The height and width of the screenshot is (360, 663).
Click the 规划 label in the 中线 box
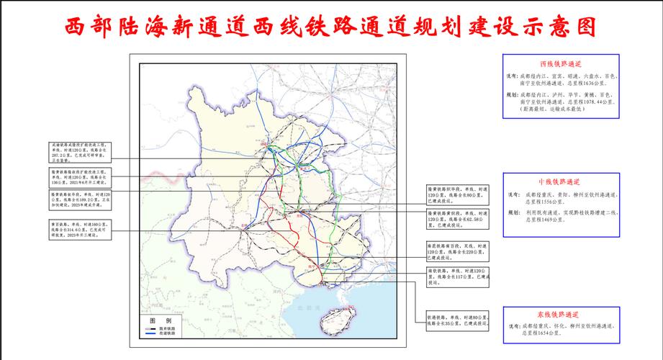(x=513, y=213)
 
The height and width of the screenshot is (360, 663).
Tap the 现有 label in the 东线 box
(x=513, y=326)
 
